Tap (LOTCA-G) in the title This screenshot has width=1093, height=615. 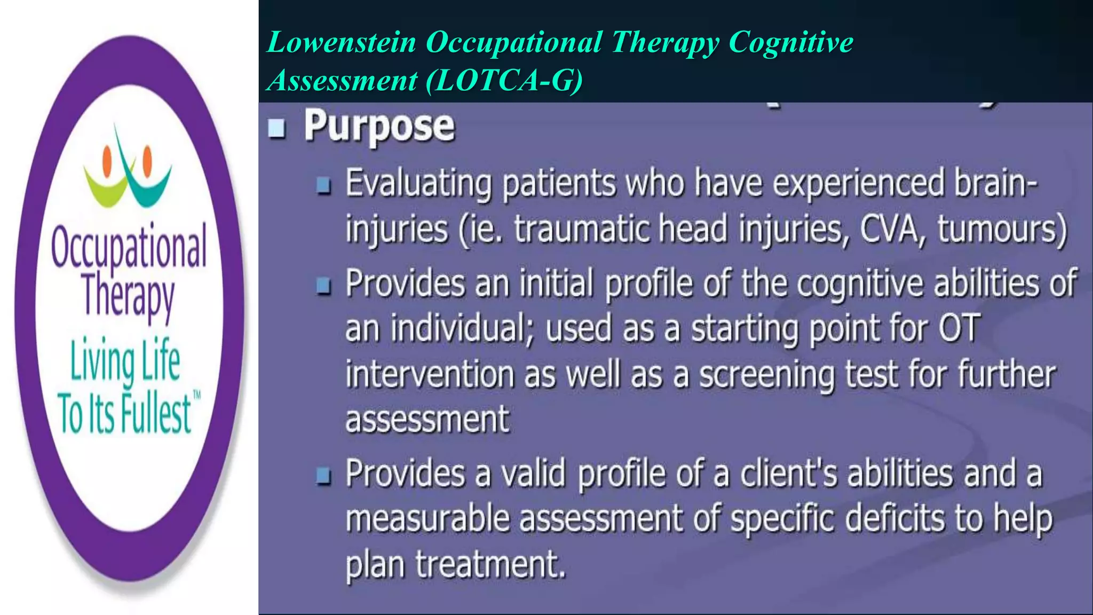pyautogui.click(x=504, y=81)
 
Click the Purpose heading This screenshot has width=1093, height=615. pyautogui.click(x=379, y=126)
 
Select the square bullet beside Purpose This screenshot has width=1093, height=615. pyautogui.click(x=276, y=128)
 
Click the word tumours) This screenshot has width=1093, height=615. pyautogui.click(x=1002, y=230)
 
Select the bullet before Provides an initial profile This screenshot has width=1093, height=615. pyautogui.click(x=323, y=286)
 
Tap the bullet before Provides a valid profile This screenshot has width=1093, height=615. pyautogui.click(x=323, y=476)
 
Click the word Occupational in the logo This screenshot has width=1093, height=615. pyautogui.click(x=129, y=247)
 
